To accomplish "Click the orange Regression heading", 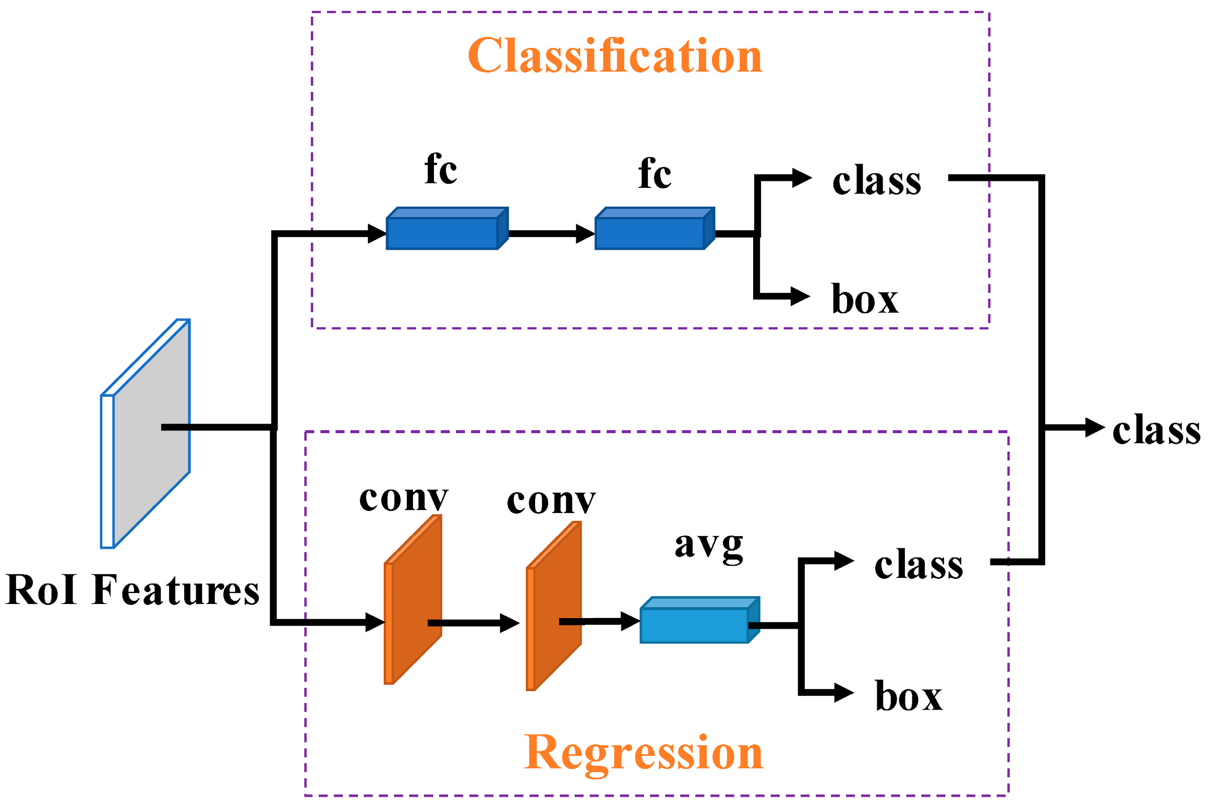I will (643, 753).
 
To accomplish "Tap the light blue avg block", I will (695, 624).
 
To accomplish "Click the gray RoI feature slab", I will (151, 433).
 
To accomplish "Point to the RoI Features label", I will (132, 590).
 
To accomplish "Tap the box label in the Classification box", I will (865, 300).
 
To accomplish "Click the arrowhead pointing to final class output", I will (1094, 427).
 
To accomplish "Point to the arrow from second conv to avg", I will (600, 621).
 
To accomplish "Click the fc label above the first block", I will (441, 170).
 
